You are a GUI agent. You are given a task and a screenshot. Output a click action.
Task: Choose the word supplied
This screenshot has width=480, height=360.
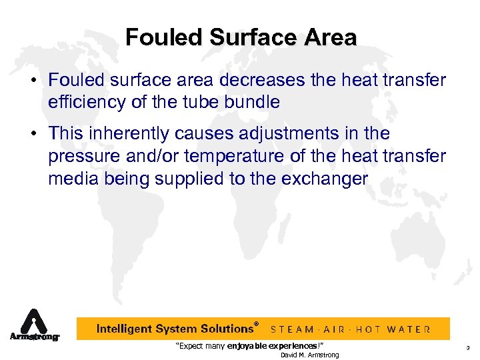pos(220,179)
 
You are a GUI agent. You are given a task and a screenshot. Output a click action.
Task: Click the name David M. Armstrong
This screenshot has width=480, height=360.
pos(309,355)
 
